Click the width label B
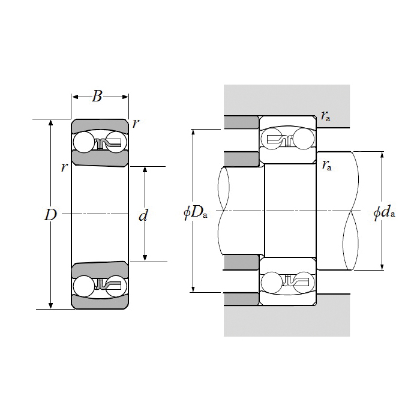tap(97, 95)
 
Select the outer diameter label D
tap(50, 215)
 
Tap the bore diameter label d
tap(143, 215)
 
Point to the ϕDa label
tap(195, 212)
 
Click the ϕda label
tap(384, 212)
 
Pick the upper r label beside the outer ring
tap(136, 124)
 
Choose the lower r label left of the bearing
tap(64, 167)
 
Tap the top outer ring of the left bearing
tap(100, 125)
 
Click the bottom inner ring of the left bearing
tap(100, 270)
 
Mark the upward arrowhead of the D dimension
tap(50, 122)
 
